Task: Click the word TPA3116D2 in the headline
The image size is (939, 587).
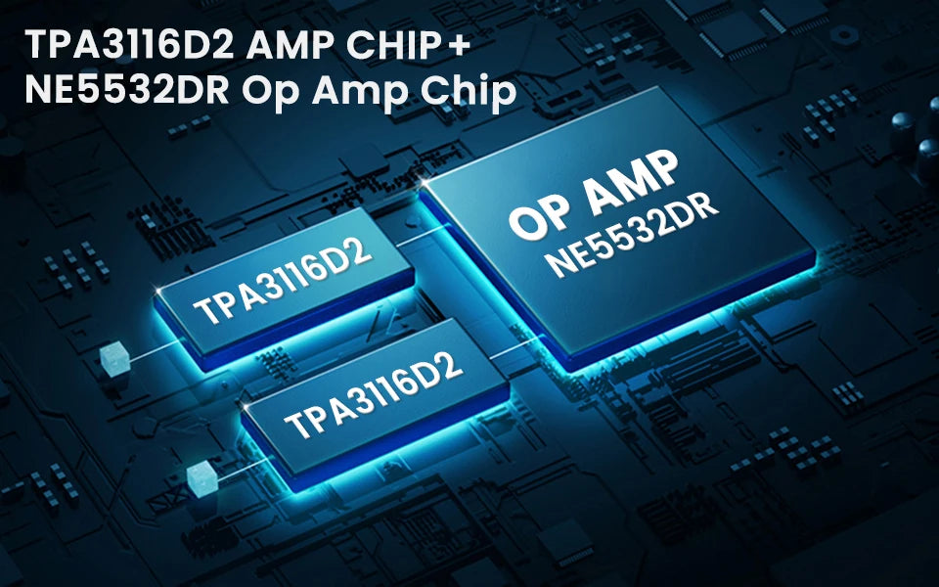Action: [129, 45]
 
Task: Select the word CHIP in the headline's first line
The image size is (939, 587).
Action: [391, 45]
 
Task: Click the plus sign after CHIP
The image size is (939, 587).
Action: [458, 46]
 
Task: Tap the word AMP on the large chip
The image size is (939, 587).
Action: [631, 182]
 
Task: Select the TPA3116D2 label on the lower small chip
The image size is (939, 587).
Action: [373, 393]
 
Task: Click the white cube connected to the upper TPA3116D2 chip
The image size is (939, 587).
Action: [114, 359]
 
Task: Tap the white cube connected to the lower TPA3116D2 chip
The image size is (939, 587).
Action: [201, 479]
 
